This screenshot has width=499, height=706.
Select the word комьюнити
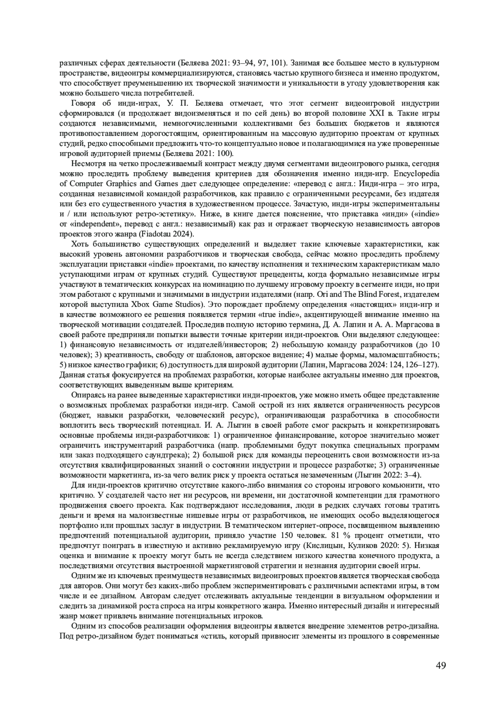(x=402, y=485)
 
